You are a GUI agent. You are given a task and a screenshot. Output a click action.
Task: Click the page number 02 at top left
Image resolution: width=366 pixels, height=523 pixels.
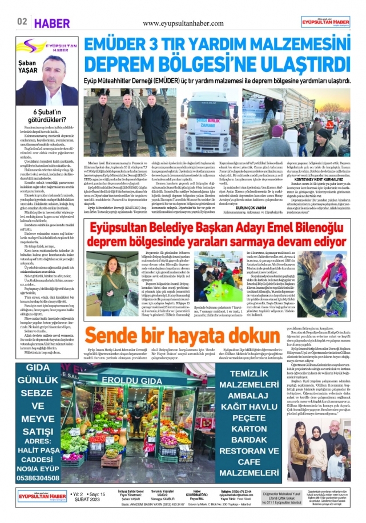click(x=22, y=22)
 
